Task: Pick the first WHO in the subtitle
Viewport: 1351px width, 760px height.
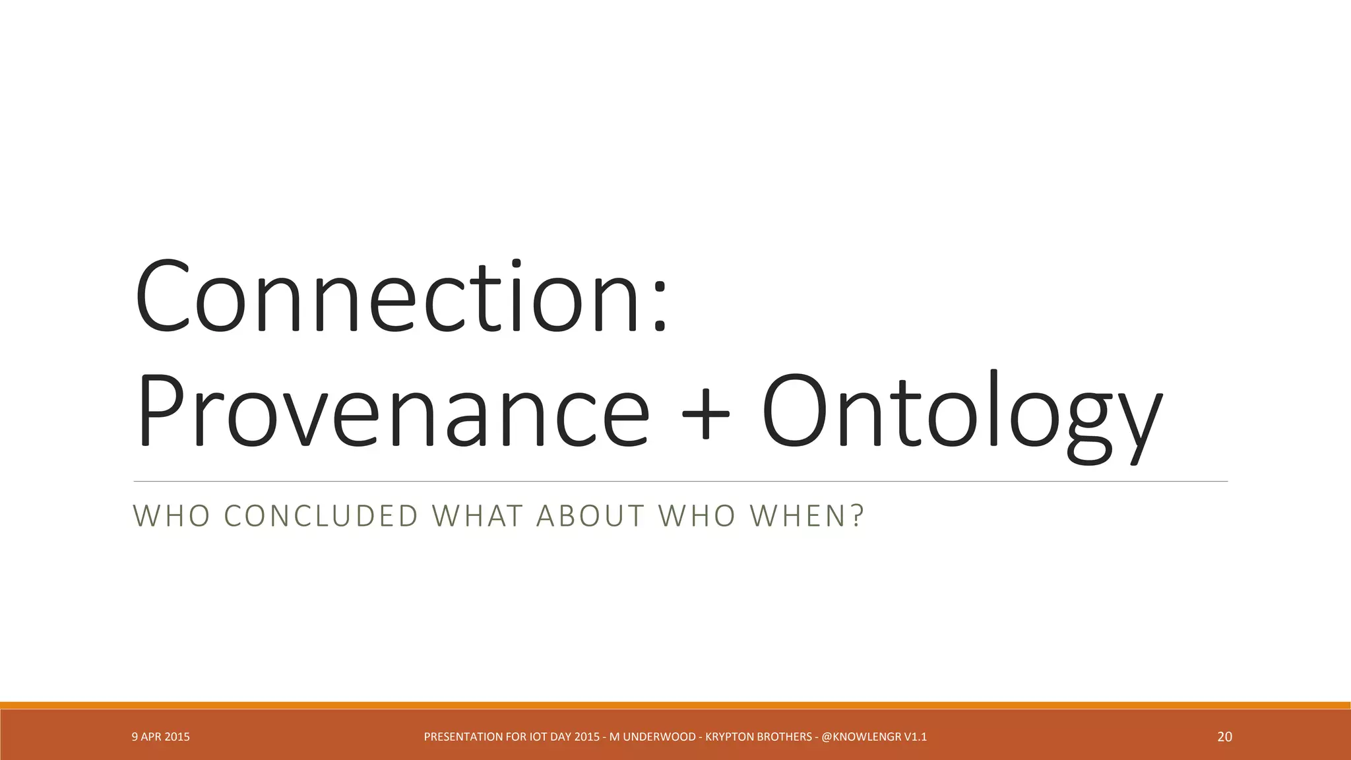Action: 172,516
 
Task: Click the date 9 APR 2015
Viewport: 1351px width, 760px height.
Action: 160,737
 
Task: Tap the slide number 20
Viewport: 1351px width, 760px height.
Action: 1224,737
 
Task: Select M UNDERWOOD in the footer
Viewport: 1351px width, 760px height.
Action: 652,737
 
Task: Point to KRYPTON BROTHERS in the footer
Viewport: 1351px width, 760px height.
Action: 759,737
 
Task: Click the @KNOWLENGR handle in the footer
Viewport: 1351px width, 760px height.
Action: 861,737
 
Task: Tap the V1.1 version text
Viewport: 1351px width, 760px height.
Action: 916,737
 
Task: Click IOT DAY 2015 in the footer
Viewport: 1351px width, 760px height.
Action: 565,737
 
